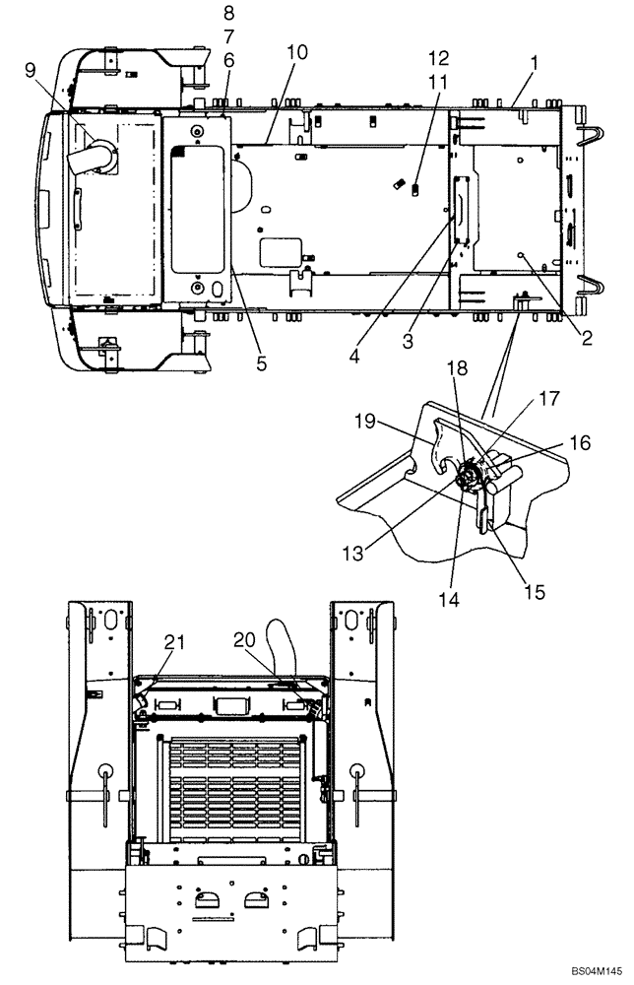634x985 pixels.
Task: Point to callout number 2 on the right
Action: (x=586, y=340)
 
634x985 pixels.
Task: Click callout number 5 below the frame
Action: (x=261, y=363)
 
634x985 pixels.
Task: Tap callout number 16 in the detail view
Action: (x=581, y=443)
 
